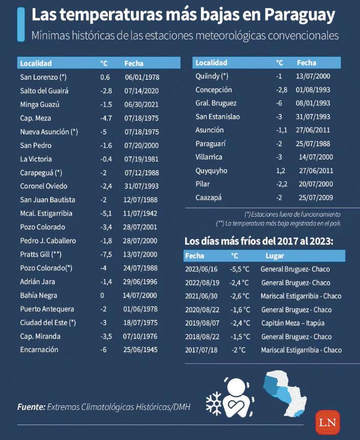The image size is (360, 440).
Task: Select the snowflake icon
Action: tap(213, 404)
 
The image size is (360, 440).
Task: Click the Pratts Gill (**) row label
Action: tap(41, 254)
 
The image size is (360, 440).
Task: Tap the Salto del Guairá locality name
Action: tap(44, 90)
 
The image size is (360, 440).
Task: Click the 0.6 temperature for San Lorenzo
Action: tap(105, 77)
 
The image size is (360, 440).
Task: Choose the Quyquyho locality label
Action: tap(211, 171)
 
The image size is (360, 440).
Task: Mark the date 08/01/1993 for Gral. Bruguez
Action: tap(313, 103)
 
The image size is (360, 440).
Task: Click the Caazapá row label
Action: tap(209, 197)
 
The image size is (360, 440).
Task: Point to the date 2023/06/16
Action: tap(201, 269)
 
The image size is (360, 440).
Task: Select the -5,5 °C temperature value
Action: tap(240, 269)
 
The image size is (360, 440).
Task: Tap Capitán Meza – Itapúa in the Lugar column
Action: tap(292, 323)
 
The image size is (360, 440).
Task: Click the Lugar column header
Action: tap(275, 256)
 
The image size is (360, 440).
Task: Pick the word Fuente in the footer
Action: tap(31, 407)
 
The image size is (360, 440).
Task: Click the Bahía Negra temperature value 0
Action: tap(102, 295)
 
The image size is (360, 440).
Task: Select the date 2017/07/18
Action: tap(201, 350)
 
